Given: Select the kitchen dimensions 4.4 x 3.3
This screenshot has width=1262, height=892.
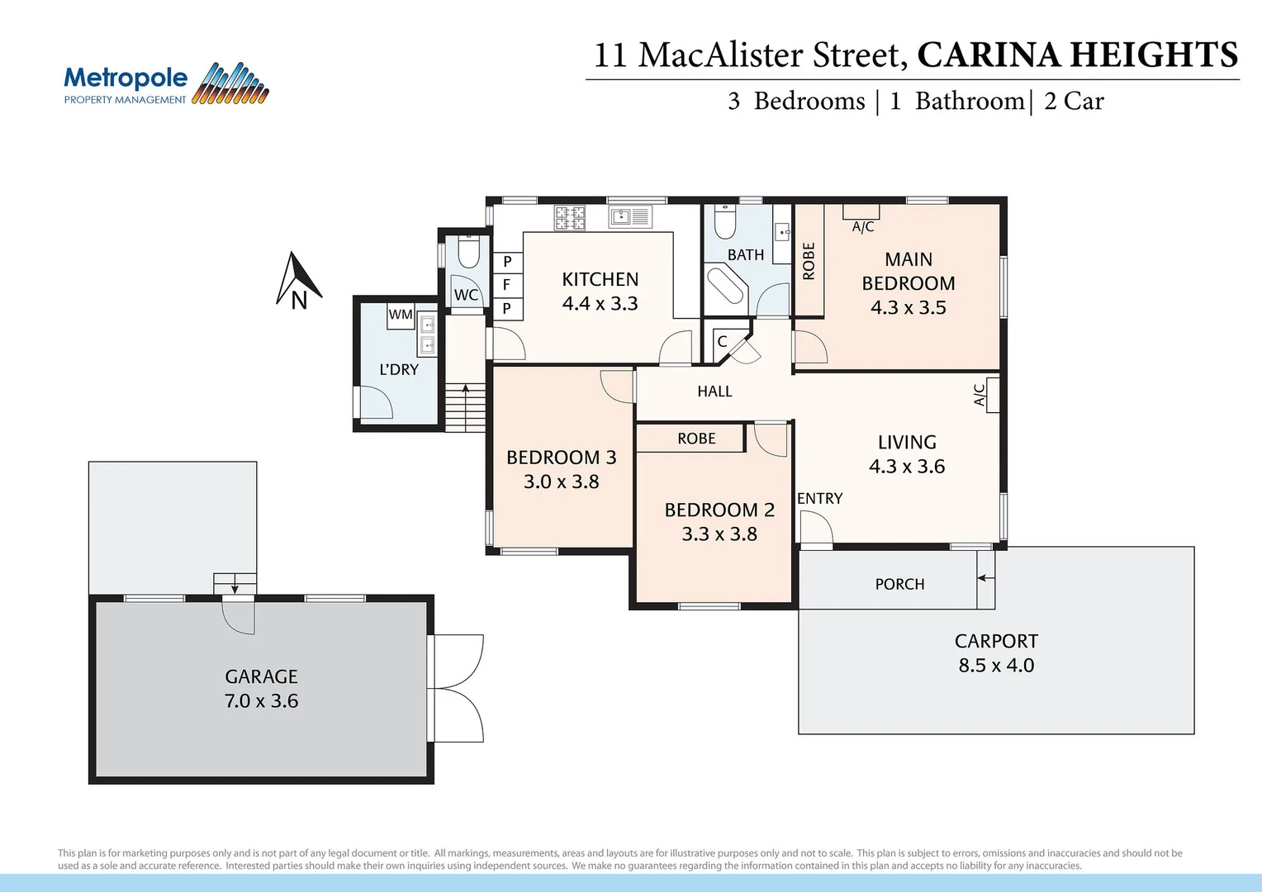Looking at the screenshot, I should tap(600, 304).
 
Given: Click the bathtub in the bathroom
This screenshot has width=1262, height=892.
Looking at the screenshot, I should tap(726, 285).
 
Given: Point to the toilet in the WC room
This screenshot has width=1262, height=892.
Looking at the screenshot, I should tap(468, 252).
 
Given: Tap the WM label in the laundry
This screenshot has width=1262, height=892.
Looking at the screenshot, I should tap(401, 315).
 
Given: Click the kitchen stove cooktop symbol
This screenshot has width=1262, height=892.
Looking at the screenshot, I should tap(570, 217).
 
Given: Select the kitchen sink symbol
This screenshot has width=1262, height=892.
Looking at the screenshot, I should tap(629, 217).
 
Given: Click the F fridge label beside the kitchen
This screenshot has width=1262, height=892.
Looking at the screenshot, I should tap(507, 285).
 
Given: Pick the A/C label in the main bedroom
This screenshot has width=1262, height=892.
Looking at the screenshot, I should tap(863, 226).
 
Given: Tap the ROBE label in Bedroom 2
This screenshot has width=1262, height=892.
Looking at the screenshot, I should tap(696, 439).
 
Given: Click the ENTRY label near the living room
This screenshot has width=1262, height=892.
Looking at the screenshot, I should tap(819, 499).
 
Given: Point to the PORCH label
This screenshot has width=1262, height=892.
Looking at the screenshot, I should tap(899, 585).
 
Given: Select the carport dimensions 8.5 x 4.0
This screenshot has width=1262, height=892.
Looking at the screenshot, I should tap(996, 666).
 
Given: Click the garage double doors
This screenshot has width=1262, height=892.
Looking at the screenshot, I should tap(456, 688).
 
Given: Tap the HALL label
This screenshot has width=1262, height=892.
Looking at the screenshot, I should tap(714, 391).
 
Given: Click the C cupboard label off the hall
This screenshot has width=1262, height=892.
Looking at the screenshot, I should tap(722, 342).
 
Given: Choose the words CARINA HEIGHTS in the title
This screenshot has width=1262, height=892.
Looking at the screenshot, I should tap(1077, 55).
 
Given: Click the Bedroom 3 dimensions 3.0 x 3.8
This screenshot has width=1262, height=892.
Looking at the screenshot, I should tap(561, 482).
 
